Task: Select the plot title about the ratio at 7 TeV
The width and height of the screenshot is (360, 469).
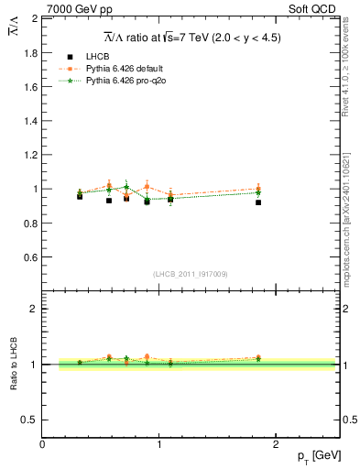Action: click(x=191, y=38)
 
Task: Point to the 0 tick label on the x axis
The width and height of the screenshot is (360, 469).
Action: click(x=42, y=443)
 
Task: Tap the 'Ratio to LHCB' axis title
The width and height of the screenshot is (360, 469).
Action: click(x=13, y=364)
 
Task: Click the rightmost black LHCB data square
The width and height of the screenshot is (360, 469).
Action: click(x=258, y=202)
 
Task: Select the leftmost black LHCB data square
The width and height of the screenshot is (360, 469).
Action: click(x=80, y=196)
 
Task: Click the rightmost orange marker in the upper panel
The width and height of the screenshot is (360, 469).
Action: click(x=258, y=189)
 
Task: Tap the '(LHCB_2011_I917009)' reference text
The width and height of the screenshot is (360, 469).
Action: click(x=191, y=274)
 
